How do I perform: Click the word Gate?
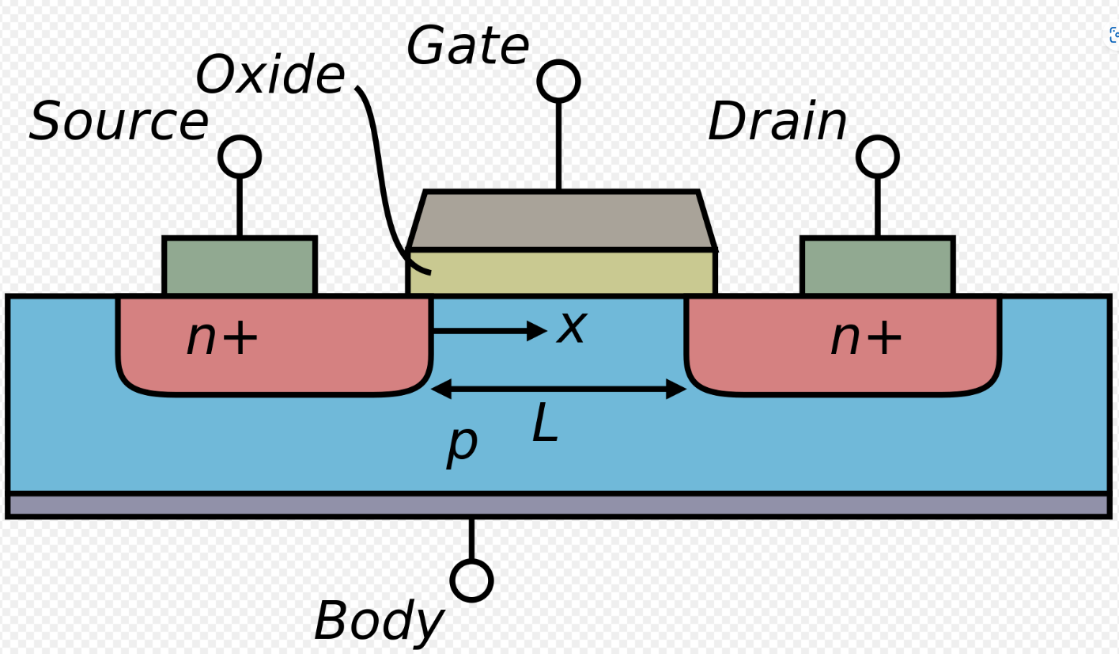pyautogui.click(x=467, y=47)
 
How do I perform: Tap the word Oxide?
pyautogui.click(x=270, y=76)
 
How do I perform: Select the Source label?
pyautogui.click(x=119, y=122)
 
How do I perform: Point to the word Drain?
pyautogui.click(x=777, y=122)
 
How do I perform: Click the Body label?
pyautogui.click(x=378, y=621)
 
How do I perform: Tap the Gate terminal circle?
pyautogui.click(x=558, y=81)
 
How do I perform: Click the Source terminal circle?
pyautogui.click(x=239, y=157)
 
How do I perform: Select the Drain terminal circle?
pyautogui.click(x=877, y=157)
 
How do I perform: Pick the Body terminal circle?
pyautogui.click(x=472, y=580)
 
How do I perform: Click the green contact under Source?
pyautogui.click(x=239, y=266)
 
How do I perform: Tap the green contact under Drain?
pyautogui.click(x=877, y=266)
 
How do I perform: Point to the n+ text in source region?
pyautogui.click(x=222, y=338)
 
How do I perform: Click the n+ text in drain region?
pyautogui.click(x=866, y=338)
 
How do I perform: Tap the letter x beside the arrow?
pyautogui.click(x=571, y=327)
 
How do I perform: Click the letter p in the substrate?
pyautogui.click(x=462, y=444)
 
